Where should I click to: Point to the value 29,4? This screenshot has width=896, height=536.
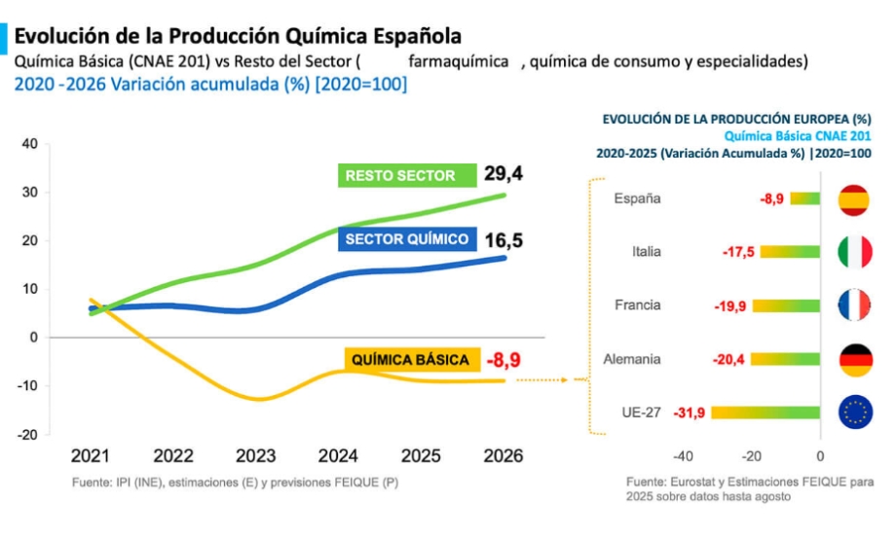pos(504,174)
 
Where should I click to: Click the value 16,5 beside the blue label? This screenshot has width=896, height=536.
pos(503,238)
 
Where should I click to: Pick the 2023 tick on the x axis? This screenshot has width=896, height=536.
pos(256,455)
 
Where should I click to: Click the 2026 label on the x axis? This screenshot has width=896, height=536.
pos(503,455)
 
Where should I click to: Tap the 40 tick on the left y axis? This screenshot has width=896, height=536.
pos(29,144)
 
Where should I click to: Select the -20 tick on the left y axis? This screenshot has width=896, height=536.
pos(27,435)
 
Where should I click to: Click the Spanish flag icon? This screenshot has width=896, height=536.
pos(854,198)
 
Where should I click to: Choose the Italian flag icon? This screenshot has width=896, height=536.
pos(854,252)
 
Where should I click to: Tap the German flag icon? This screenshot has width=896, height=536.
pos(854,359)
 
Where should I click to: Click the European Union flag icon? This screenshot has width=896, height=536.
pos(854,412)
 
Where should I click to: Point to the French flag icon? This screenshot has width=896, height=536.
pos(854,305)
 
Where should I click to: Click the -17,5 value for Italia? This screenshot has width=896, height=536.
pos(739,252)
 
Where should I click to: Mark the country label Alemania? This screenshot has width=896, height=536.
pos(632,359)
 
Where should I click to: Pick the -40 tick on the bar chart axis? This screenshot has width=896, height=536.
pos(683,455)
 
